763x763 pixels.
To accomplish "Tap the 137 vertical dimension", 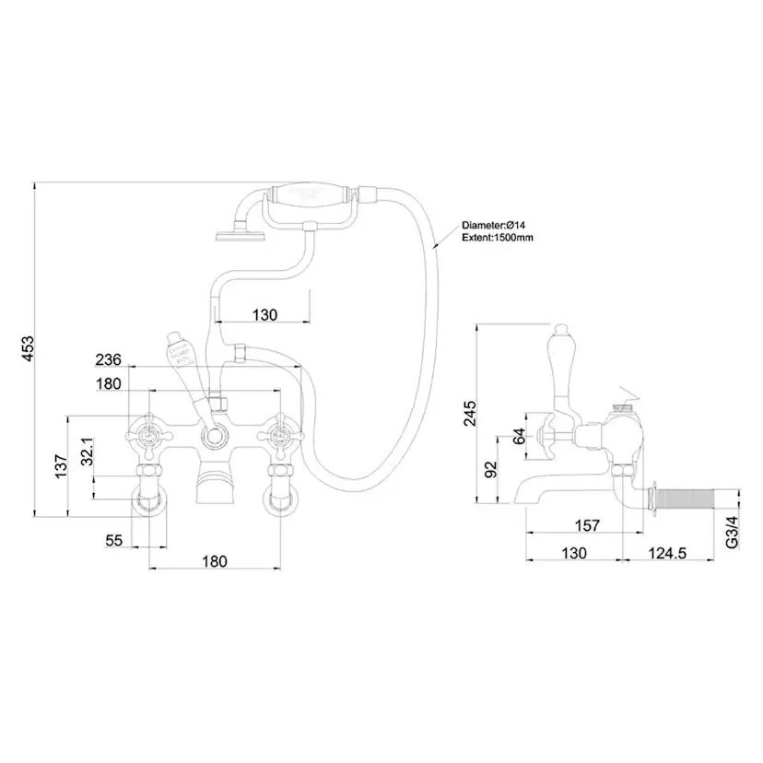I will pyautogui.click(x=59, y=465).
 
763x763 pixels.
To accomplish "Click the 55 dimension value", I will pyautogui.click(x=113, y=541).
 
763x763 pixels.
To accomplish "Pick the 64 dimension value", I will pyautogui.click(x=519, y=435).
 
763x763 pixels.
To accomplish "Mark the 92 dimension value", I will pyautogui.click(x=490, y=469).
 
